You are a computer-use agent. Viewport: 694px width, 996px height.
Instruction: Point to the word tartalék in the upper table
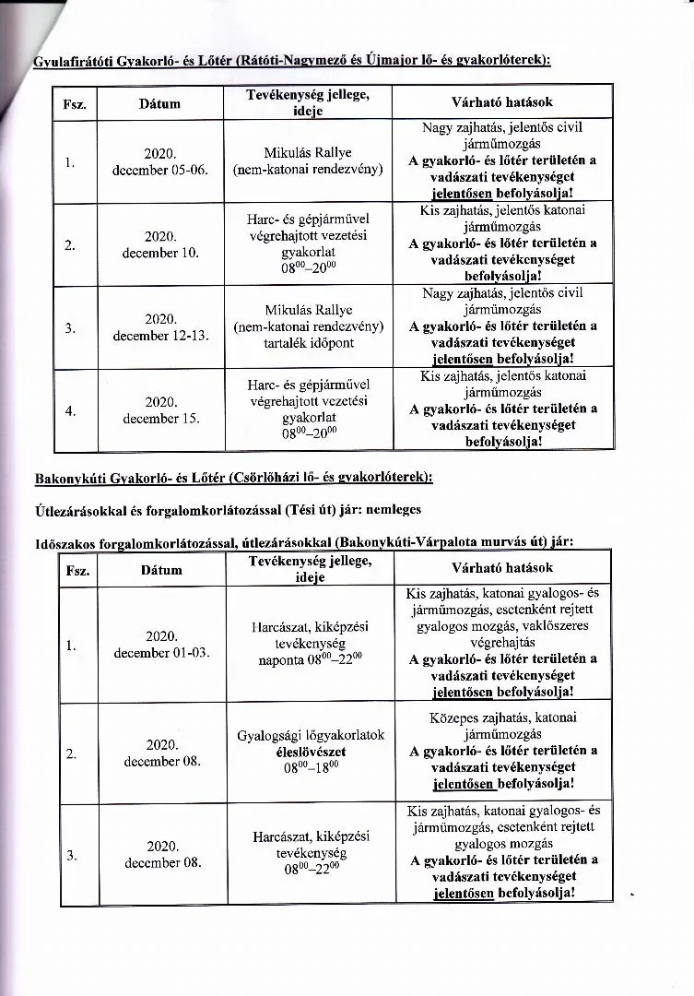[288, 343]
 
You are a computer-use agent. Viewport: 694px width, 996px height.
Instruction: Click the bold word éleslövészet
[311, 752]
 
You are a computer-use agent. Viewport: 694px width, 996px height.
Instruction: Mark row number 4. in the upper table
[70, 411]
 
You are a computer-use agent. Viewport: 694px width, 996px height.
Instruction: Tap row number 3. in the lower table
[71, 856]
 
